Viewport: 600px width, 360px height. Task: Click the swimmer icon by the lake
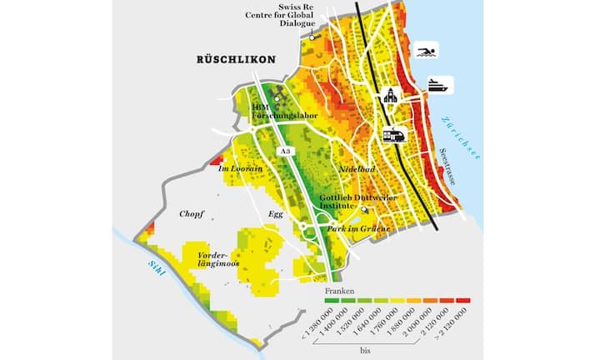coord(426,53)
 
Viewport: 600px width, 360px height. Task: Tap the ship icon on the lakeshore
coord(439,84)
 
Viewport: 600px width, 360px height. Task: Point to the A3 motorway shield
coord(286,150)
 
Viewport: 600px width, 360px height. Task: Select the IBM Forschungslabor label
coord(273,112)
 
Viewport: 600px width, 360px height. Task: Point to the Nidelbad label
coord(358,170)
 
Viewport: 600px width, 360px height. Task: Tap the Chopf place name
coord(192,214)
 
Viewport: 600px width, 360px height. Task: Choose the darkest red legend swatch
coord(464,299)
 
